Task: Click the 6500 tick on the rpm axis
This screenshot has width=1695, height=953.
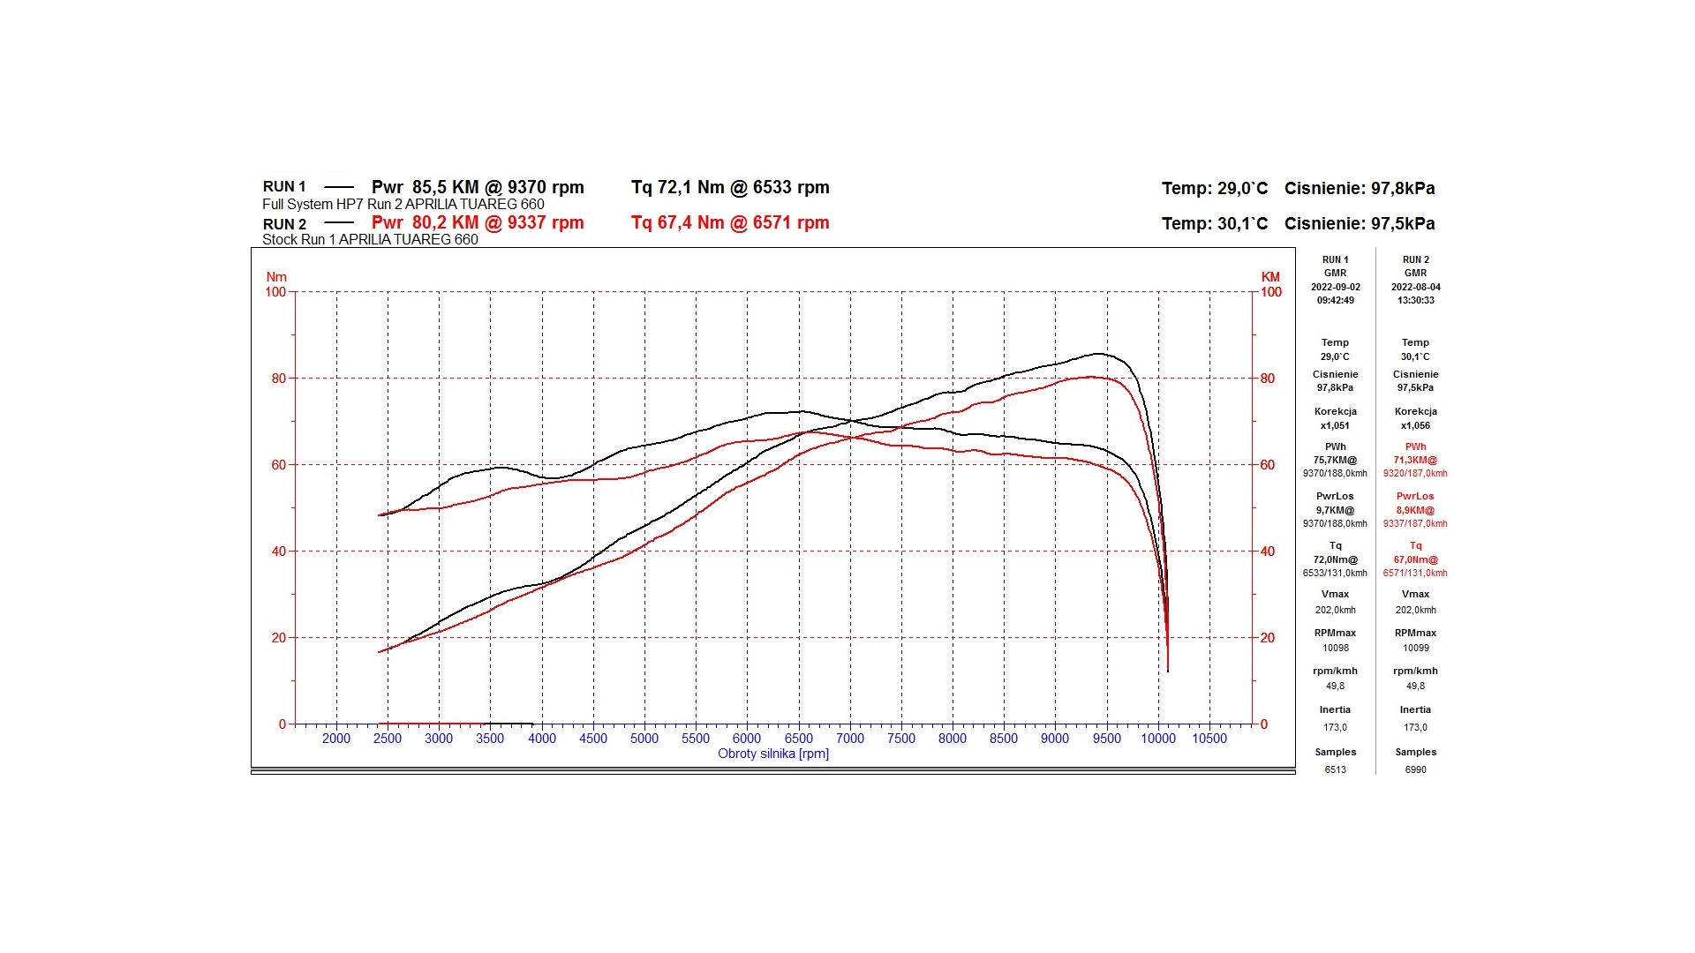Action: [x=798, y=739]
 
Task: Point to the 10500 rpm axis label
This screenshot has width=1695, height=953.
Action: [x=1209, y=739]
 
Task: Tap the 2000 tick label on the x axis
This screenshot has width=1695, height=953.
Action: [x=336, y=739]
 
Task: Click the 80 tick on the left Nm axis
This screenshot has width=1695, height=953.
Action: [x=279, y=379]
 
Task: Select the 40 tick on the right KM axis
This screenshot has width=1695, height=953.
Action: [x=1268, y=552]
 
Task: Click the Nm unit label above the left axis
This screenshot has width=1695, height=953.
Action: [x=276, y=277]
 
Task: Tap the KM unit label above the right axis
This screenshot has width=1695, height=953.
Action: [x=1270, y=277]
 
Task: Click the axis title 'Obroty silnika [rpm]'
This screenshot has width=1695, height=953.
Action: [x=773, y=754]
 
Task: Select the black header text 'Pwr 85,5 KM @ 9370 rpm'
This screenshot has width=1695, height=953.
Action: [x=478, y=187]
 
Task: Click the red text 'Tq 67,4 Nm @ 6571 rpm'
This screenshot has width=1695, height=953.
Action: [x=730, y=222]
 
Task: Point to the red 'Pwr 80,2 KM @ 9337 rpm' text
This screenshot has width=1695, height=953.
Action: [x=478, y=222]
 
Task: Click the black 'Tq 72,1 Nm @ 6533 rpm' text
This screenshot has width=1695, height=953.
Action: [x=730, y=187]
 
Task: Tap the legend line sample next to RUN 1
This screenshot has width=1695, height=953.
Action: [x=339, y=187]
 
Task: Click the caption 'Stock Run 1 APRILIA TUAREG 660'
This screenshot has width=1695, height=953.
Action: [x=370, y=239]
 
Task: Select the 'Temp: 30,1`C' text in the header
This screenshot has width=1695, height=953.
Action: [x=1214, y=223]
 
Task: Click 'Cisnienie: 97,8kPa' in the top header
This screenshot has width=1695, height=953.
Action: [x=1360, y=188]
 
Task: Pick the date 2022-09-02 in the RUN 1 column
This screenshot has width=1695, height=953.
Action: [x=1335, y=287]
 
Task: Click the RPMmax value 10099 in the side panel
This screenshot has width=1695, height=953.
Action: [x=1415, y=648]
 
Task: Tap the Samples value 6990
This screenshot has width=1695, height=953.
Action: [x=1415, y=769]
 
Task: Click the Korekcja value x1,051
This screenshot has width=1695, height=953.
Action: [x=1335, y=425]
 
